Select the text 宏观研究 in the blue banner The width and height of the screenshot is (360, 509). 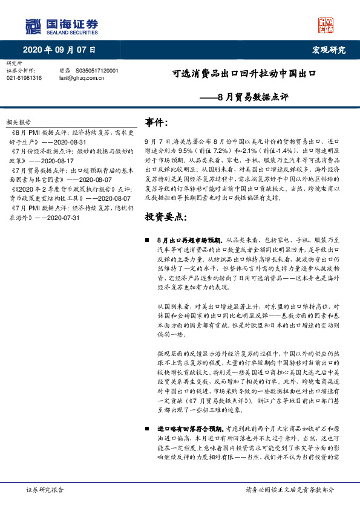[327, 50]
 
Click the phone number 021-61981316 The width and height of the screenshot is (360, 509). [24, 78]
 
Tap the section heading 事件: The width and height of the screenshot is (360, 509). [158, 123]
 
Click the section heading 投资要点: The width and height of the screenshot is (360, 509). [166, 216]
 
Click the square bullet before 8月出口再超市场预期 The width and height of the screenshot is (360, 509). [148, 240]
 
